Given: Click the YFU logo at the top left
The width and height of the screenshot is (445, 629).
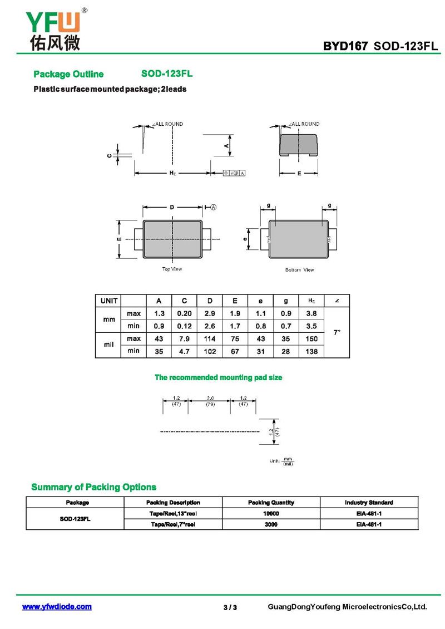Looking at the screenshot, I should pos(53,28).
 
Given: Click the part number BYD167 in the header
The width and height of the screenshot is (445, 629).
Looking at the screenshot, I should pos(345,46).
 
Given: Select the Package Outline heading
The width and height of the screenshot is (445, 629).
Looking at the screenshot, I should pos(68,74).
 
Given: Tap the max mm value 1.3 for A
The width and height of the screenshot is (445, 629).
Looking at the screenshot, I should pos(159,313).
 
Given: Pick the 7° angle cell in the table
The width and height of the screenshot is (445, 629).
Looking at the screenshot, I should pos(337,332).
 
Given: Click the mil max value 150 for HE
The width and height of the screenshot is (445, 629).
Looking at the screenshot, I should pos(311,338).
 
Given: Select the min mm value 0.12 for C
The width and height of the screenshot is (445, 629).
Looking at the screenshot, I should pos(184,326).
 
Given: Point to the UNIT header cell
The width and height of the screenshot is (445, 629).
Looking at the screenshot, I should pos(108,301).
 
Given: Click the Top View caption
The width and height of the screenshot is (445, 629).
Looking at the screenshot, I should pos(172,269).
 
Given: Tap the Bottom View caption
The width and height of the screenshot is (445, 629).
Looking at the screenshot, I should pos(299,270).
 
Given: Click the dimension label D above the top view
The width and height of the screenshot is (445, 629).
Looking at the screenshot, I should pos(172,207).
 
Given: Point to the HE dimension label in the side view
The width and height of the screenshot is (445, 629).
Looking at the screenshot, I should pos(172,173).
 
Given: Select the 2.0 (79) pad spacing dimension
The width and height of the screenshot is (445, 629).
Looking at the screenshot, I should pos(210,401).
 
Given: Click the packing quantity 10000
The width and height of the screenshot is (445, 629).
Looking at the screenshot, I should pos(271,513).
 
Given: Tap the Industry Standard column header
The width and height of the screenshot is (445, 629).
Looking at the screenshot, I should pos(369,502).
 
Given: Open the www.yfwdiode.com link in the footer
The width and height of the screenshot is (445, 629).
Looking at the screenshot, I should pos(57,607).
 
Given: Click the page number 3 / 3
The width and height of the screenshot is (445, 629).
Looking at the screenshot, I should pos(230,607).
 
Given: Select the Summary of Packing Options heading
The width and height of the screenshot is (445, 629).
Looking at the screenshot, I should pos(93,487).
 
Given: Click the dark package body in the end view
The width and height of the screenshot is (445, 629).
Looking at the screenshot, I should pos(299,144).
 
